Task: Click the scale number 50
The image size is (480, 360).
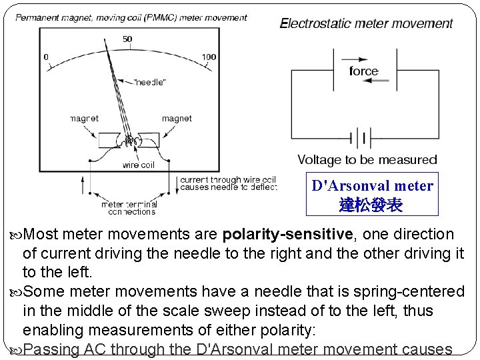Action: point(127,39)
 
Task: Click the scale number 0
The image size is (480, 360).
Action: point(46,57)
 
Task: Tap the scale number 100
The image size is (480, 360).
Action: point(209,57)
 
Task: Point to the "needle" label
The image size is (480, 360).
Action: point(151,82)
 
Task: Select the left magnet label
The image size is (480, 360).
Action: point(84,118)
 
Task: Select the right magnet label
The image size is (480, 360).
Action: point(177,118)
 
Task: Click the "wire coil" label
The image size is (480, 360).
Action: point(138,165)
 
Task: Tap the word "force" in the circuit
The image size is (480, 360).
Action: point(363,71)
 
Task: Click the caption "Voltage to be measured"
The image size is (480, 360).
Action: point(367,160)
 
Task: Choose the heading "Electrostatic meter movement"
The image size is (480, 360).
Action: point(366,23)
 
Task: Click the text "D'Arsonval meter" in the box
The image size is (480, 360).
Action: point(372,185)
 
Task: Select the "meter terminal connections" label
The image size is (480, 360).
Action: point(129,208)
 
